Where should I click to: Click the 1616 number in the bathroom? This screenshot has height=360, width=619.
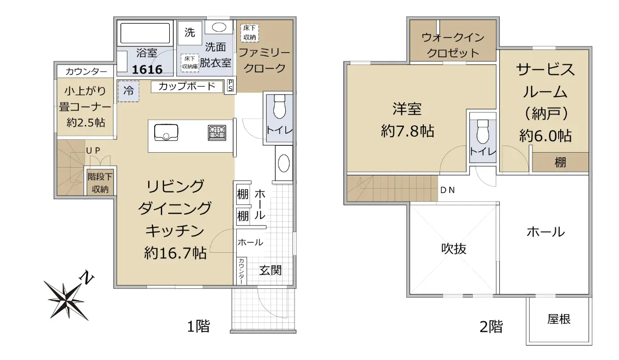pos(147,70)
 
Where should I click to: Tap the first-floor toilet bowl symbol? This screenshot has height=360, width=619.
pos(280,107)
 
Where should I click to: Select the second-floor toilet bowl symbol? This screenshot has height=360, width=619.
pos(483,132)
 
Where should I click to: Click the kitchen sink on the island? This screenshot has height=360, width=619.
pos(166,133)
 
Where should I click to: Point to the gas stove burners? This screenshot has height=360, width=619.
pos(217,132)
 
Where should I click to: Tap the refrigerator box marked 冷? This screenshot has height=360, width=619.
pos(128,91)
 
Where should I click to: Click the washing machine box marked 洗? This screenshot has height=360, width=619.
pos(190,32)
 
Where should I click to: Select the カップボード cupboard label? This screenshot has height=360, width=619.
pos(187,86)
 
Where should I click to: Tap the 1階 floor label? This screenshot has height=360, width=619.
pos(199,326)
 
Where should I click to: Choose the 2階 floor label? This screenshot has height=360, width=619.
pos(491,327)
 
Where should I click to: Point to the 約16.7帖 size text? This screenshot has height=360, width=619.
pos(175,253)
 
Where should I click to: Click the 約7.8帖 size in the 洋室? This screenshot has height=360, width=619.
pos(408,131)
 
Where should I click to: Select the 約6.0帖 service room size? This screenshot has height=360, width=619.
pos(545,136)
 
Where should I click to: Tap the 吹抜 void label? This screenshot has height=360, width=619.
pos(454,249)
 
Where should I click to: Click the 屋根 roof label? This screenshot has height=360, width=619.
pos(559,319)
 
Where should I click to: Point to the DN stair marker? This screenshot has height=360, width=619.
pos(447,190)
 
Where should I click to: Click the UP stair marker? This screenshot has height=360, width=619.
pos(93,151)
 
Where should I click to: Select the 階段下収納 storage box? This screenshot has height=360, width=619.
pos(100,183)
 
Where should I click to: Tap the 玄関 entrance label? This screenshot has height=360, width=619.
pos(270,270)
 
